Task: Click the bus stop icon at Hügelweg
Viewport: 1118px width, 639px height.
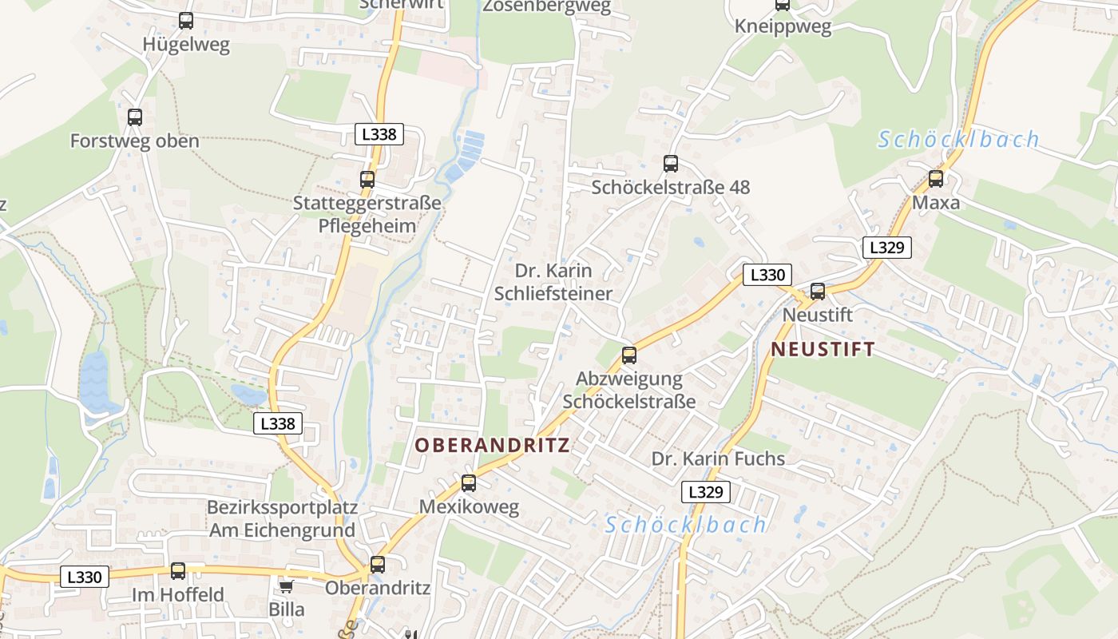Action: [x=186, y=21]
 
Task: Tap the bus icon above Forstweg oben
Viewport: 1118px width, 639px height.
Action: [x=135, y=117]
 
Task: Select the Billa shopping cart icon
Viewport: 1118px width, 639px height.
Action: [x=286, y=587]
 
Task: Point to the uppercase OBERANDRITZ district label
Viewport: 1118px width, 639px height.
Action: [x=492, y=445]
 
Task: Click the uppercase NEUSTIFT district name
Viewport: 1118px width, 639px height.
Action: [x=823, y=349]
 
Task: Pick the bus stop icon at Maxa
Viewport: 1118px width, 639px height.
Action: [x=936, y=179]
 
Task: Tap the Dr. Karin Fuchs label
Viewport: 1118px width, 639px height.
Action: [x=718, y=458]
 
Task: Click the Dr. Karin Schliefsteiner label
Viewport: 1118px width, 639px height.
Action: [x=553, y=282]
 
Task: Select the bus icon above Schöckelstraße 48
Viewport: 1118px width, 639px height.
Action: [x=671, y=164]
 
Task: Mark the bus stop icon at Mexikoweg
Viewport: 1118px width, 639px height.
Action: [x=469, y=483]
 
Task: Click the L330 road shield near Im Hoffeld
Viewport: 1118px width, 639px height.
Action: [x=84, y=577]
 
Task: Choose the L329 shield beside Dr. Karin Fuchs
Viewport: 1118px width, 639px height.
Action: [x=705, y=492]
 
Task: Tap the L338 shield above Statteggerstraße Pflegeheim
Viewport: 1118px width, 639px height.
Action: [x=379, y=134]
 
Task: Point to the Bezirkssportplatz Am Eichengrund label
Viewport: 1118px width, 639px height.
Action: [x=282, y=518]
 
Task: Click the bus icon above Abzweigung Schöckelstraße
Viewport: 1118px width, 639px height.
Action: [x=629, y=355]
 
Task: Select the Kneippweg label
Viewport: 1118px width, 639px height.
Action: [x=783, y=26]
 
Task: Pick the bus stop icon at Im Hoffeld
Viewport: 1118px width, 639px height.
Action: [x=178, y=571]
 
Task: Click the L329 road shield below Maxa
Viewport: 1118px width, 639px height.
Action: [x=886, y=248]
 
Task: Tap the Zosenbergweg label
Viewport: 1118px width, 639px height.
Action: [x=546, y=6]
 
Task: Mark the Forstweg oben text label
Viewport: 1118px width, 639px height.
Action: [x=134, y=141]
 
